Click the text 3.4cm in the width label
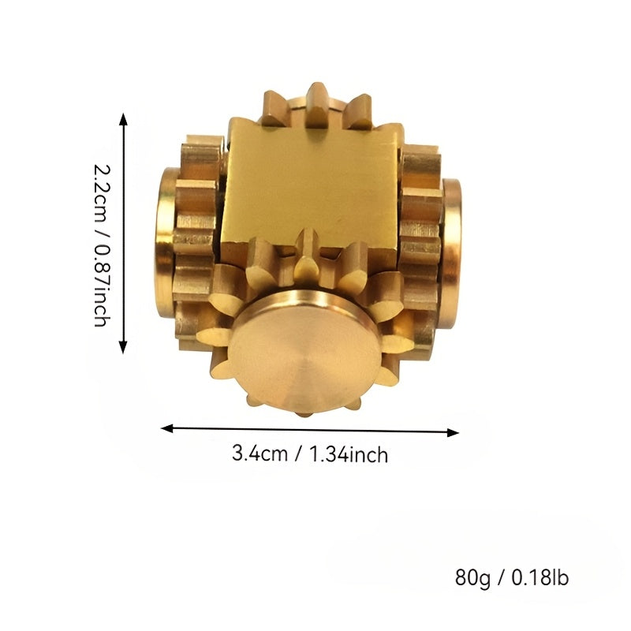click(x=259, y=454)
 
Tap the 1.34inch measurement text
click(x=349, y=455)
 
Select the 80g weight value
click(x=472, y=578)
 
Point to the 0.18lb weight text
click(x=540, y=577)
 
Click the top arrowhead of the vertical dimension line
click(x=124, y=119)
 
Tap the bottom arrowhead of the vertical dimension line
click(x=124, y=347)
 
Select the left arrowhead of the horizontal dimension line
click(x=167, y=428)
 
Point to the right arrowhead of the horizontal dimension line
click(x=453, y=432)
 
